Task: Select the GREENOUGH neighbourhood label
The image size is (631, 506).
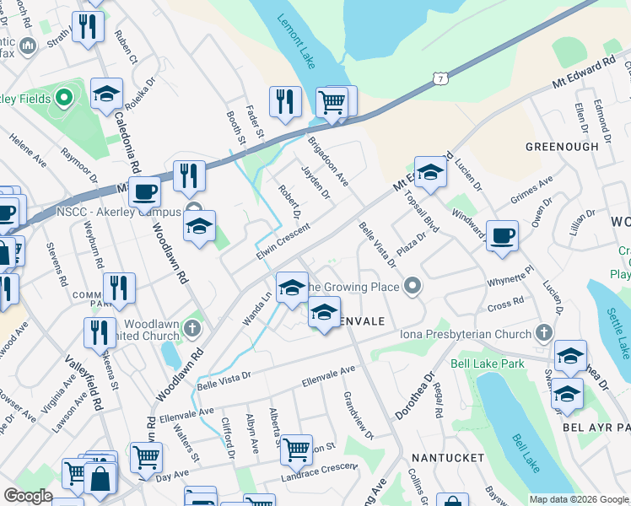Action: [x=562, y=147]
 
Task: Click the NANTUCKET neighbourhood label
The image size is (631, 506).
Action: [x=448, y=457]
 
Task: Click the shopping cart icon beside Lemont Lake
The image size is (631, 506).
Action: [x=332, y=103]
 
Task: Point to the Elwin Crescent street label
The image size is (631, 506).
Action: [x=283, y=241]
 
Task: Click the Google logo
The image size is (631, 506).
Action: [x=29, y=496]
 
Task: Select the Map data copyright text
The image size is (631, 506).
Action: [x=579, y=499]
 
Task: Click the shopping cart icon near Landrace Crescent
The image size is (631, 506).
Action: [x=296, y=450]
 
